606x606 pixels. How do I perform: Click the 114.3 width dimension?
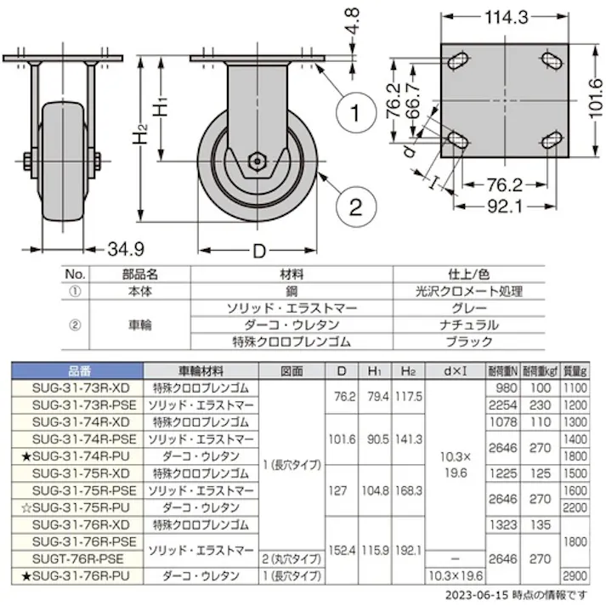[505, 15]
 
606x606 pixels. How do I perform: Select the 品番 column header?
[77, 371]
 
